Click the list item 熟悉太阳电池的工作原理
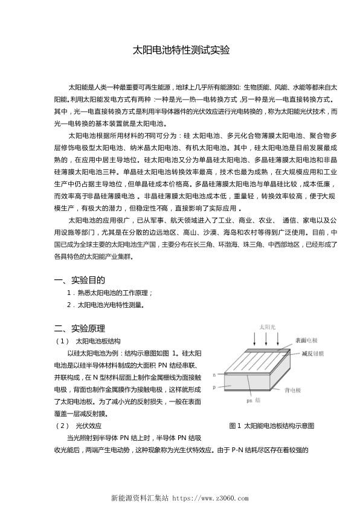112,293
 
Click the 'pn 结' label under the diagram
254,400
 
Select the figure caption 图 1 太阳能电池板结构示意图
272,426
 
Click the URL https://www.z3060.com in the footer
208,499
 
